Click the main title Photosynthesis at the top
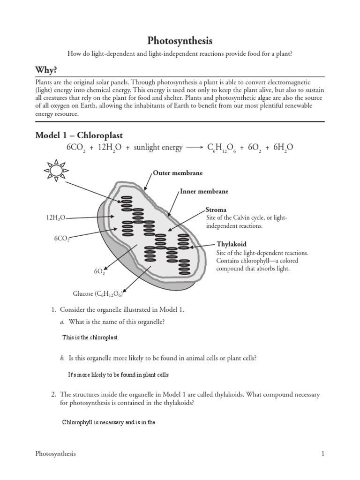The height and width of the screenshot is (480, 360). click(x=180, y=41)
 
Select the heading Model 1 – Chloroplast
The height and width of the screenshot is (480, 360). click(x=79, y=135)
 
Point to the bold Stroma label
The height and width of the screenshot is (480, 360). click(x=216, y=210)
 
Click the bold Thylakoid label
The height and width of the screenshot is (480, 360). click(x=231, y=244)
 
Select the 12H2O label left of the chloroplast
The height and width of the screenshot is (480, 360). click(x=55, y=218)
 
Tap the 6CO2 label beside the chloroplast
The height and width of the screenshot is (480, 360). click(x=62, y=239)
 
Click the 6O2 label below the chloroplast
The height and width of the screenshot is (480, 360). click(x=99, y=271)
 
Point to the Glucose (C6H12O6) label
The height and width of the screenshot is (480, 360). click(x=97, y=294)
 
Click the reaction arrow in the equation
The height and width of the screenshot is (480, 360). click(x=195, y=148)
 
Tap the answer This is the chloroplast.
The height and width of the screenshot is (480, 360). click(x=90, y=337)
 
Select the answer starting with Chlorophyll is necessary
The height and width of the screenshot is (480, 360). click(x=108, y=422)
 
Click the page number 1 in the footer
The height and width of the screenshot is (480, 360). click(x=322, y=454)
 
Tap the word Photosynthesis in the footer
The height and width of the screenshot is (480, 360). click(x=55, y=454)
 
